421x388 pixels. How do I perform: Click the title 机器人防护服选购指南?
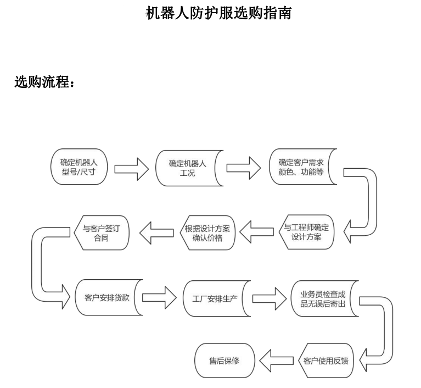[x=218, y=13]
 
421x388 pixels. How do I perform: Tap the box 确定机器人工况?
[x=187, y=167]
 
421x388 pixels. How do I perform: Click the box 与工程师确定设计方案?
[x=307, y=231]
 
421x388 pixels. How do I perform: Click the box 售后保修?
[x=224, y=361]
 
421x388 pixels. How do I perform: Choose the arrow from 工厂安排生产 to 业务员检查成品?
[x=269, y=298]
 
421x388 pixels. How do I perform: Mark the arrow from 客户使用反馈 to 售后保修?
[x=277, y=362]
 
